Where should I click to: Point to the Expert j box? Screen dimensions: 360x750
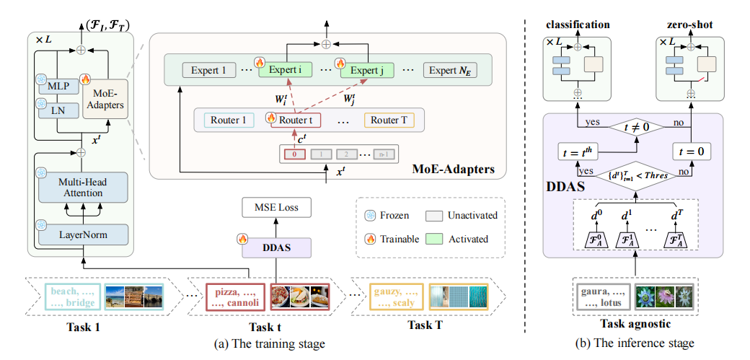coord(369,71)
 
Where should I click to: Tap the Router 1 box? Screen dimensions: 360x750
coord(229,120)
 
